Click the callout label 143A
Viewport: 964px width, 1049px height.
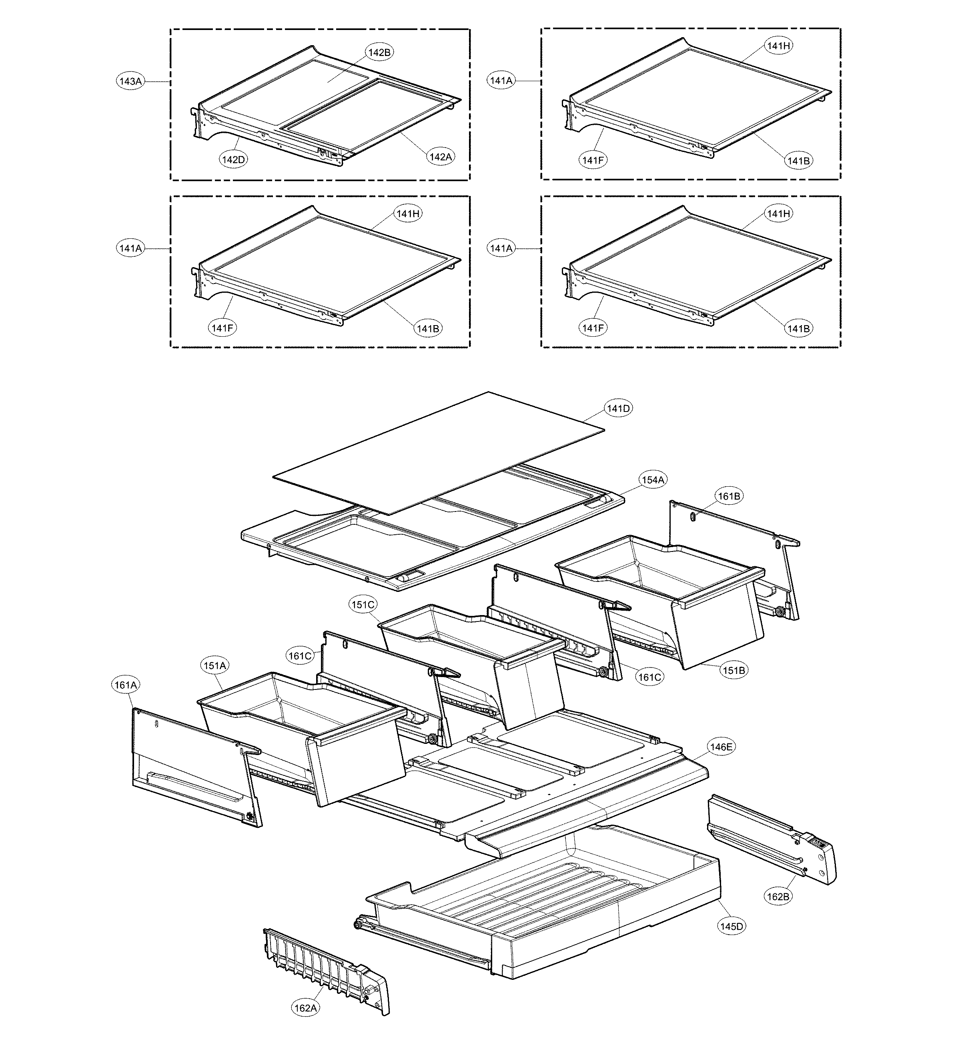pos(130,81)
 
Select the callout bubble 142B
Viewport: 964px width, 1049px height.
pos(379,52)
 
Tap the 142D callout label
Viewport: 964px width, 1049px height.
pos(233,160)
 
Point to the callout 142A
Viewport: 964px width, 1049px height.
pos(440,156)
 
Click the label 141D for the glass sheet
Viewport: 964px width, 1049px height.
pos(618,408)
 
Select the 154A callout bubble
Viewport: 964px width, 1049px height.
pos(653,480)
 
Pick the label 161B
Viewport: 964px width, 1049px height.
pos(729,496)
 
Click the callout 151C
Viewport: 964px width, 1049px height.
pos(363,605)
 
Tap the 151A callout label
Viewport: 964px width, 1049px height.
pos(214,666)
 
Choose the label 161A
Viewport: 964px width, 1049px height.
pos(126,685)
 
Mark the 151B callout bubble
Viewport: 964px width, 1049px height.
pos(734,671)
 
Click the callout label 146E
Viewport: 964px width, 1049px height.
pos(721,747)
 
